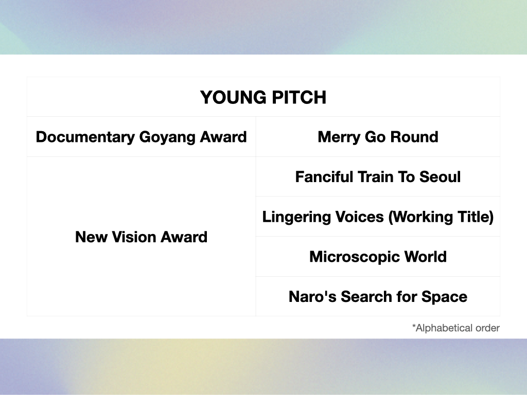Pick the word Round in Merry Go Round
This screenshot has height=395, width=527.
(414, 137)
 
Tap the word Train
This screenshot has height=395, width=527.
(381, 177)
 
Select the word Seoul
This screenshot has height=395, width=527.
(440, 177)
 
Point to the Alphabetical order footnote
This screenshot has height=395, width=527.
(457, 328)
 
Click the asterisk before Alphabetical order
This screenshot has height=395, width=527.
(414, 327)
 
